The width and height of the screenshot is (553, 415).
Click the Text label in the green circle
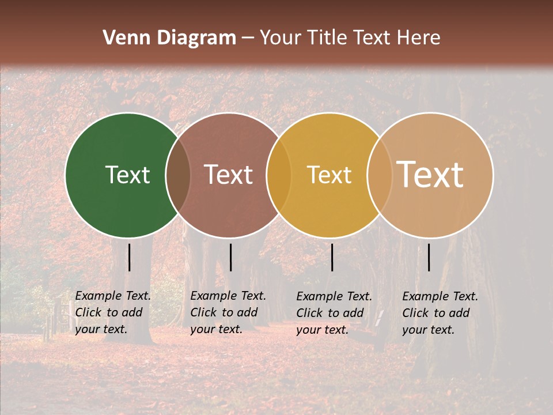[127, 175]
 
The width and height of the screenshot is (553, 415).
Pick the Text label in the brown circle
[228, 175]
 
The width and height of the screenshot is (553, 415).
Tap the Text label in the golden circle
[329, 175]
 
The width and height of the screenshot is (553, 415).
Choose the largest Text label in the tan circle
[430, 175]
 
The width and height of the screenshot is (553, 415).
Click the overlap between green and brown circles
[178, 175]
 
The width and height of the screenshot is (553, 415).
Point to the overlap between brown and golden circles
[278, 175]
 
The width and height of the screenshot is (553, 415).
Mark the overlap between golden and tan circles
[378, 175]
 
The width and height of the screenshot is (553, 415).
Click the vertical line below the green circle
[129, 257]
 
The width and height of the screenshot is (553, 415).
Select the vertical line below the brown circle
[230, 257]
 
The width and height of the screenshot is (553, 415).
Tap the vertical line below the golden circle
[332, 257]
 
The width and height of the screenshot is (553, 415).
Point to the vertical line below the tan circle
[429, 257]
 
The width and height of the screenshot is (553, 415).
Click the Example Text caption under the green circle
[113, 312]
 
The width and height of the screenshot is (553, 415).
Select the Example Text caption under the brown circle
[228, 312]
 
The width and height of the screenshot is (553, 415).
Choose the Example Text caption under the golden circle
[334, 312]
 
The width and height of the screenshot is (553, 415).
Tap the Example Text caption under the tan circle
[440, 312]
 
